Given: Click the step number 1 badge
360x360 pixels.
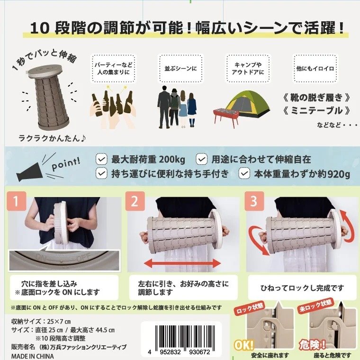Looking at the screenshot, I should point(16,202).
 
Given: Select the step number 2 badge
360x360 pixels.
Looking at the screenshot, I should point(135,202).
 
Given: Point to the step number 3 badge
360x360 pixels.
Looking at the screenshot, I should point(253,202).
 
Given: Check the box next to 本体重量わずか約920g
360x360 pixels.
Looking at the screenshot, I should point(244,174).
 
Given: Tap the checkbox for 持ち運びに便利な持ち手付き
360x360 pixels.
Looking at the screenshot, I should point(101,174).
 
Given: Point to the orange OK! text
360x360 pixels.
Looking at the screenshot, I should point(243,345).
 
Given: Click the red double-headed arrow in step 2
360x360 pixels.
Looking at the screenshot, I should point(182,262).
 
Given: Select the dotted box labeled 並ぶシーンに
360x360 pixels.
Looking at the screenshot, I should point(180,68).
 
